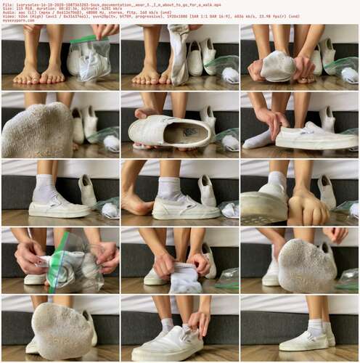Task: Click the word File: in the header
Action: pos(8,3)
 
